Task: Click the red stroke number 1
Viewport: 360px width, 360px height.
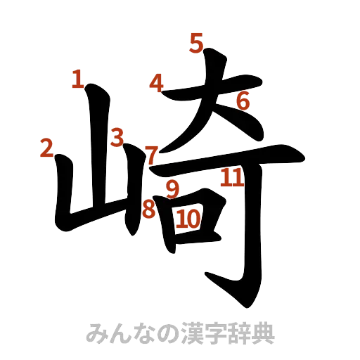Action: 77,79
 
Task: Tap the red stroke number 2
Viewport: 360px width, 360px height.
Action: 47,148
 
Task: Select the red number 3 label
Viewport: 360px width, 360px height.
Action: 117,136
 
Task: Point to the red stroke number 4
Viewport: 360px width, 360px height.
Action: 156,84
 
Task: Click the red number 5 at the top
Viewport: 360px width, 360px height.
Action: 195,44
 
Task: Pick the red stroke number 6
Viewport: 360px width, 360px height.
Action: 243,101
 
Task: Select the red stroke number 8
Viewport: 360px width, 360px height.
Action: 148,208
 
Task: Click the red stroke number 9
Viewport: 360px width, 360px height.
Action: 172,188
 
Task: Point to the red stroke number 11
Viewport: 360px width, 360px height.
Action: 231,178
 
